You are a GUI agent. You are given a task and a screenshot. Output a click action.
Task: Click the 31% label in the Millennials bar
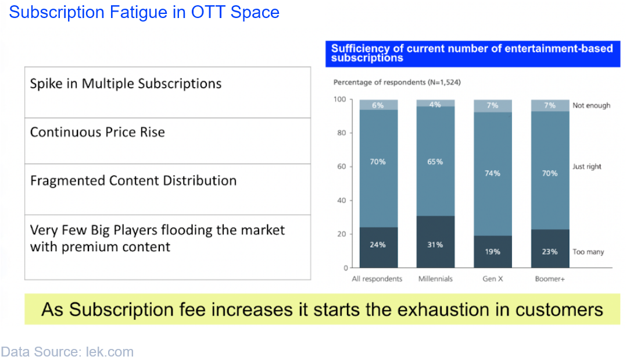pyautogui.click(x=435, y=245)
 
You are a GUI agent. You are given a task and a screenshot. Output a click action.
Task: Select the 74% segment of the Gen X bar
pyautogui.click(x=493, y=174)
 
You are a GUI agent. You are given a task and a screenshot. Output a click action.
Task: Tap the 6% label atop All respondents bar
pyautogui.click(x=378, y=105)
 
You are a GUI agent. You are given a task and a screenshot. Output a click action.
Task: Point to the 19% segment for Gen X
pyautogui.click(x=493, y=251)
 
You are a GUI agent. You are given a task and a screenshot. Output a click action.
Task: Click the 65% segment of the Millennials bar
pyautogui.click(x=435, y=161)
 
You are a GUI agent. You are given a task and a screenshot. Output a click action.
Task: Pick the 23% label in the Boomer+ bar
pyautogui.click(x=550, y=252)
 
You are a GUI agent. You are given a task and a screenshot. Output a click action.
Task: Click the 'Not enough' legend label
pyautogui.click(x=592, y=105)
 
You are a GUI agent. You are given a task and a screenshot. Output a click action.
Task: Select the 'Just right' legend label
pyautogui.click(x=587, y=166)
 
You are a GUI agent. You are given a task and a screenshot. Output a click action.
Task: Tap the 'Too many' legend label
pyautogui.click(x=588, y=252)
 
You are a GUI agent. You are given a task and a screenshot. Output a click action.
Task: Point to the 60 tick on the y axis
pyautogui.click(x=342, y=166)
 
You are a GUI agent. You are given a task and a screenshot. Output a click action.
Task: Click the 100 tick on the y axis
pyautogui.click(x=340, y=99)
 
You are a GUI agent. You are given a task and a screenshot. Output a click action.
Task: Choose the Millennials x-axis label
pyautogui.click(x=435, y=279)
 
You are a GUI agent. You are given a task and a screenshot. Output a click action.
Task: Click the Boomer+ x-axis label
pyautogui.click(x=550, y=279)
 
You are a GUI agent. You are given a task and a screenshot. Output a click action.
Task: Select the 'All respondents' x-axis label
pyautogui.click(x=377, y=279)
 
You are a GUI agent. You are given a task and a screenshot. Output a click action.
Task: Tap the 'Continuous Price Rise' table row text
pyautogui.click(x=98, y=133)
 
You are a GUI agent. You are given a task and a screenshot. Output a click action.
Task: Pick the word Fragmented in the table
pyautogui.click(x=68, y=181)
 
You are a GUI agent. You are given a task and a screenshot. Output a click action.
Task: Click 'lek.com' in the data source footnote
pyautogui.click(x=110, y=351)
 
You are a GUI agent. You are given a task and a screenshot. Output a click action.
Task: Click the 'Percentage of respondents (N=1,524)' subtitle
pyautogui.click(x=397, y=83)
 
